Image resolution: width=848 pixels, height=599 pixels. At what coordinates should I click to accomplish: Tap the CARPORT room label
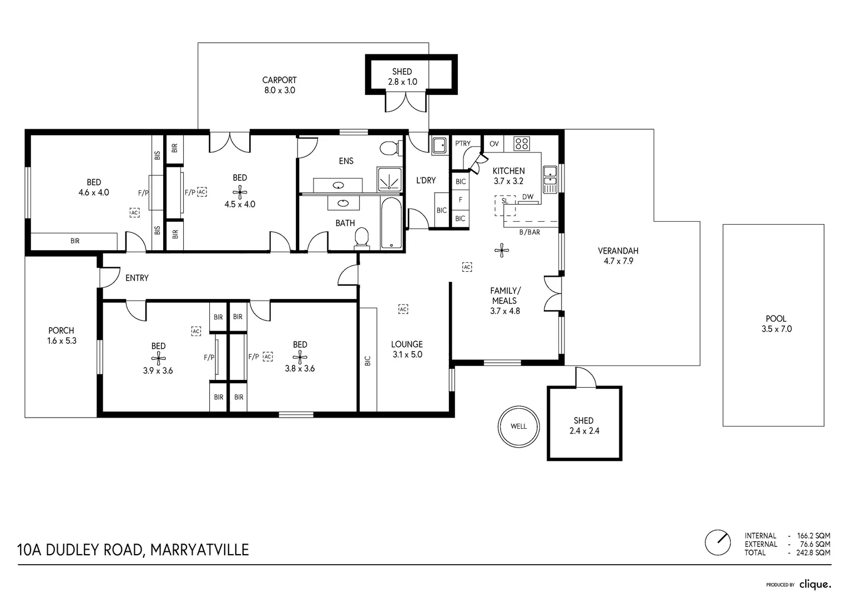point(279,80)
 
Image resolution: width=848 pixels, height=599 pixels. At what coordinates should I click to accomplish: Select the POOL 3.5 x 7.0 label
point(776,323)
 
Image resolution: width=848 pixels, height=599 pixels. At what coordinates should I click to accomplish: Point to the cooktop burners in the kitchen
point(522,144)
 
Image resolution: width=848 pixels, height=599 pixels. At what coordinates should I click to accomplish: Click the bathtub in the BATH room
point(391,224)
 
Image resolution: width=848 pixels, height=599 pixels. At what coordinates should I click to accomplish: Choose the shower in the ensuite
point(389,179)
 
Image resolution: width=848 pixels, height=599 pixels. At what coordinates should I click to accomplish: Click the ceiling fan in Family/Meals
point(502,250)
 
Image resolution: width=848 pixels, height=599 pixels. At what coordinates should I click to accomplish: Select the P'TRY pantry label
point(463,144)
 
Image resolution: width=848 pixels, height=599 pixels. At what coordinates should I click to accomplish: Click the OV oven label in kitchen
point(494,144)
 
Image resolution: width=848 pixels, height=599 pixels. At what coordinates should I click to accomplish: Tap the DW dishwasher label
point(528,197)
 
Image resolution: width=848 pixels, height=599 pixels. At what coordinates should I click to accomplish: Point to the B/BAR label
point(529,232)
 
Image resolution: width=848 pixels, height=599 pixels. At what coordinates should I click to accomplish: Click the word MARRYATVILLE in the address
point(199,550)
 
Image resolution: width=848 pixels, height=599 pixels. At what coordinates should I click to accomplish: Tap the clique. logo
point(815,585)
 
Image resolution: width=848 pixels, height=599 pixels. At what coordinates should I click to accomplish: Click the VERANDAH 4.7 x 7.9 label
point(618,256)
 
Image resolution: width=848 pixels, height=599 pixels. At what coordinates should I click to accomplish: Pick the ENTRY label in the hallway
point(137,278)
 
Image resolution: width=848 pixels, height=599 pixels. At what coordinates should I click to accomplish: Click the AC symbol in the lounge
point(403,309)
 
